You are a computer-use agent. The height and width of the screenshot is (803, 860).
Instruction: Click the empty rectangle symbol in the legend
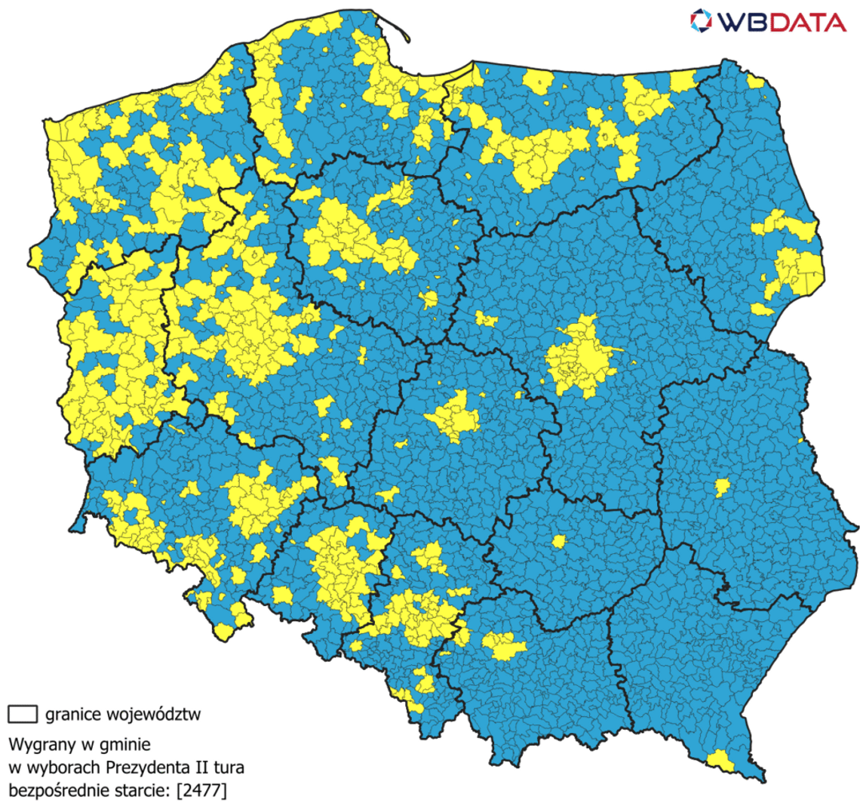[23, 712]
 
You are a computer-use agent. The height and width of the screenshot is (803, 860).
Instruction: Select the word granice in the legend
[74, 713]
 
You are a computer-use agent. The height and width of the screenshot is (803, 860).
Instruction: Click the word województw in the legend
[154, 713]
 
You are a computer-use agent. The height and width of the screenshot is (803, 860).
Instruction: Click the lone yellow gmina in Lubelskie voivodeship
[722, 487]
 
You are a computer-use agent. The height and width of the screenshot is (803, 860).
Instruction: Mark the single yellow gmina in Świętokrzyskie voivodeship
[558, 541]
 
